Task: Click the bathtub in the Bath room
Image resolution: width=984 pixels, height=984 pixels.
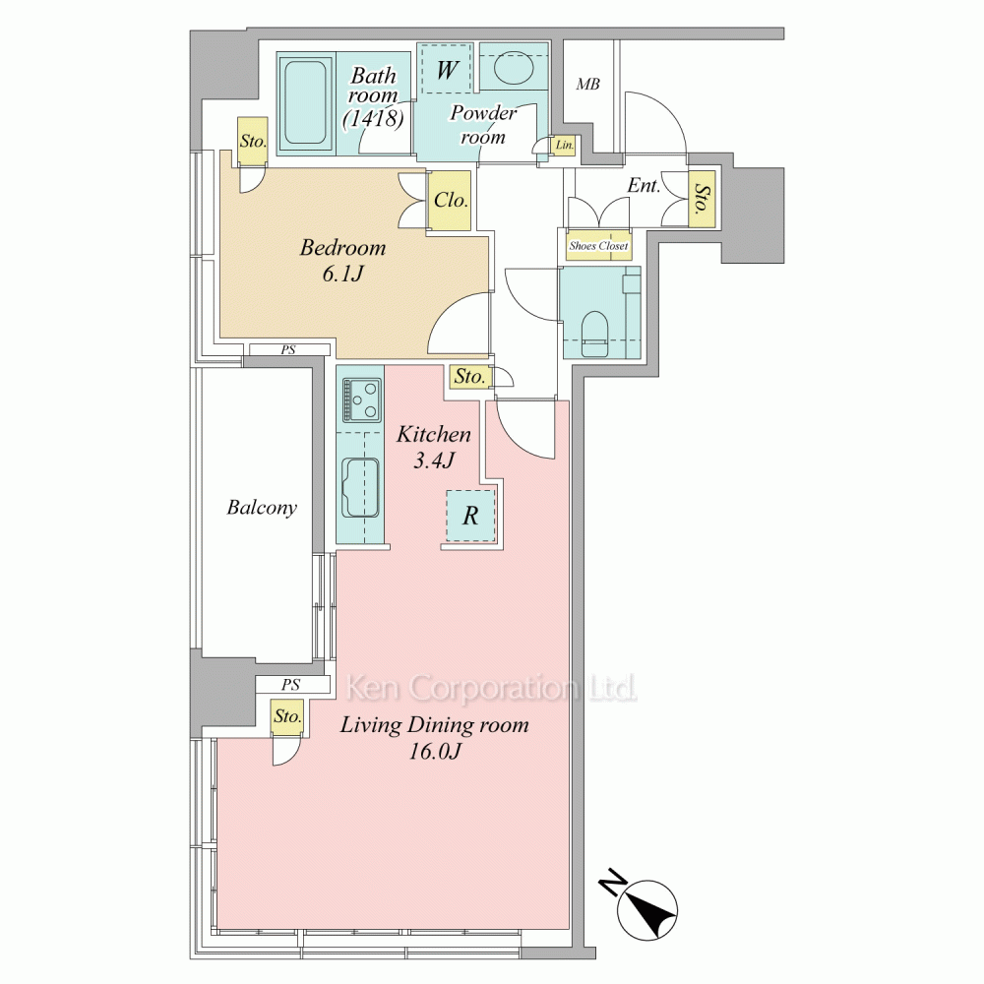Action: (305, 102)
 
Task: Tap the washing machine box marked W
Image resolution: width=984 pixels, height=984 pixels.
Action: (445, 69)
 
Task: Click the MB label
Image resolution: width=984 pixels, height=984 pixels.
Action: (588, 84)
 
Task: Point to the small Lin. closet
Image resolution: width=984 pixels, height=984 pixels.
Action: (564, 145)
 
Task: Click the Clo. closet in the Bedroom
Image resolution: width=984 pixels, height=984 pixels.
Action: (450, 200)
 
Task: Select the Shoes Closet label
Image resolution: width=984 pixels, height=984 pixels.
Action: (598, 246)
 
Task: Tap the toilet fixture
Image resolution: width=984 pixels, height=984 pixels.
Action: (595, 334)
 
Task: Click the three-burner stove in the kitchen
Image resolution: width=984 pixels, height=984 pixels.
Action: (362, 400)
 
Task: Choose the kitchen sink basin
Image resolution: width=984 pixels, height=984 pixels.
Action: (361, 487)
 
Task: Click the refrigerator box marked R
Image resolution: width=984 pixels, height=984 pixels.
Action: (470, 516)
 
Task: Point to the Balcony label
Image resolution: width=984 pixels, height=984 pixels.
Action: (262, 507)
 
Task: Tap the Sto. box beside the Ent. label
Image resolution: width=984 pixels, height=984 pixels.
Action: (703, 200)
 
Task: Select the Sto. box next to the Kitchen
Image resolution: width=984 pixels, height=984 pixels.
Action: (469, 376)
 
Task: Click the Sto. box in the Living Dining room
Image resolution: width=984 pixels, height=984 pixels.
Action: (288, 716)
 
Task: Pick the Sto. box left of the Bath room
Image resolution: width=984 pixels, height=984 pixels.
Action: (253, 141)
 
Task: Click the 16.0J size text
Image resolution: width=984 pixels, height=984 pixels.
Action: (434, 751)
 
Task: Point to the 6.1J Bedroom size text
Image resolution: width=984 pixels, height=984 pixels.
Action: (342, 274)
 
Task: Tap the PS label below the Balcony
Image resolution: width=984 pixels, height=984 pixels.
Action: (290, 685)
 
